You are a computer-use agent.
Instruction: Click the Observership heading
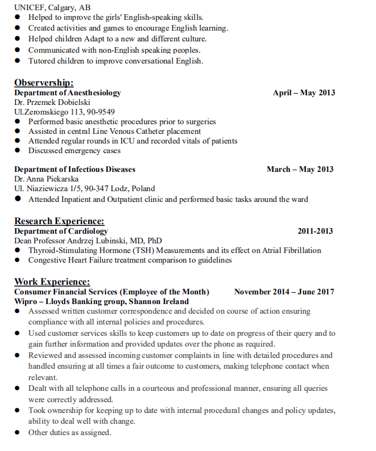[44, 83]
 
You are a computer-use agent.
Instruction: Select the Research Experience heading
[59, 221]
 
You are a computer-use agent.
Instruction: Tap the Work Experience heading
[52, 281]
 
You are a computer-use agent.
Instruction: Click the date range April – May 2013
[303, 93]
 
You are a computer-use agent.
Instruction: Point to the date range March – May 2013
[300, 170]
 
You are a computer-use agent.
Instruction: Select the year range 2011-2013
[315, 231]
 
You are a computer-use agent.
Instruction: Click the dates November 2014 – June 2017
[284, 292]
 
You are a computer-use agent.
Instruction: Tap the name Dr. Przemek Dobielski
[52, 103]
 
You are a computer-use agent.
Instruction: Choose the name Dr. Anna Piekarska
[47, 179]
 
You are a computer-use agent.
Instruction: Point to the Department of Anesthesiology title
[67, 93]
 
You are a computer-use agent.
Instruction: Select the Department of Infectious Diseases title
[75, 170]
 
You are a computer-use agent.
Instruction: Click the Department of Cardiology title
[61, 231]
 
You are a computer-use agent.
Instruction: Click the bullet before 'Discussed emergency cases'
[18, 150]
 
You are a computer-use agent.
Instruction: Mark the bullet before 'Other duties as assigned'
[18, 433]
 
